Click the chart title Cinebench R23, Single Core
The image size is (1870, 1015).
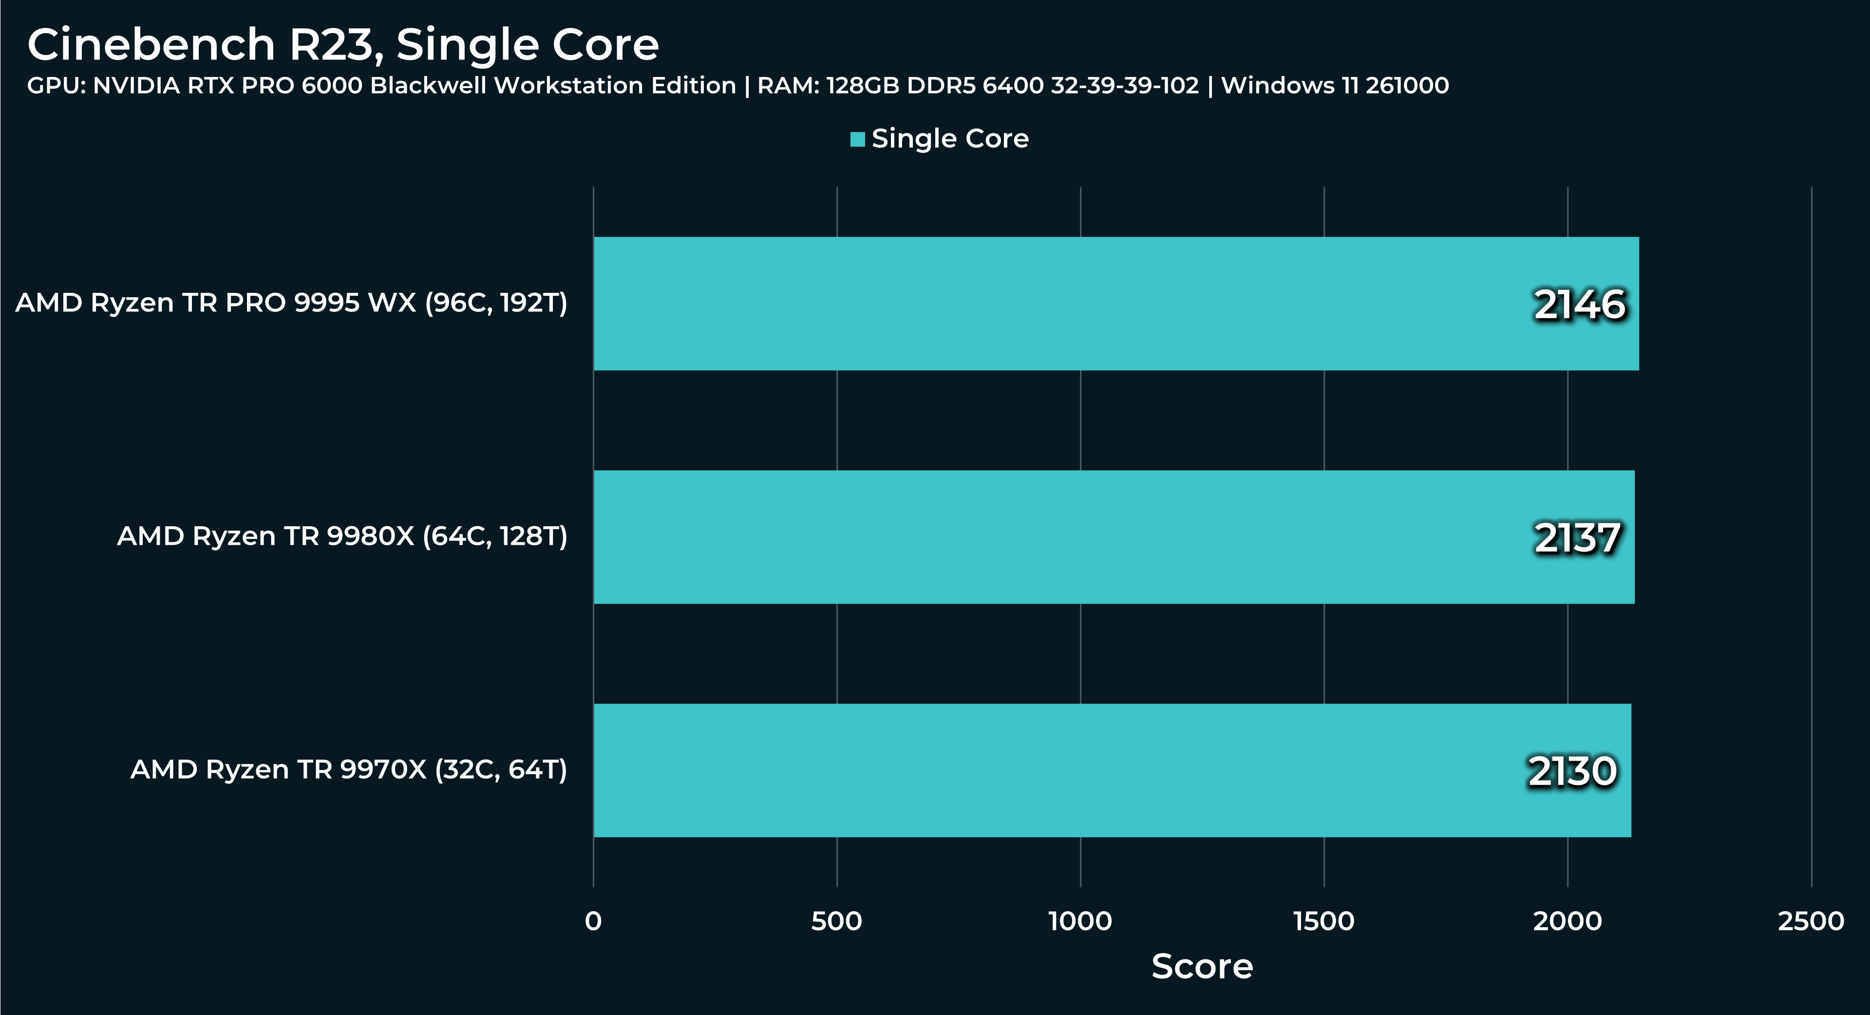tap(342, 45)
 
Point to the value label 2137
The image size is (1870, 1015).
tap(1577, 538)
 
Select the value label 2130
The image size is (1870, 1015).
tap(1572, 771)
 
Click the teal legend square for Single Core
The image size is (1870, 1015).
tap(857, 139)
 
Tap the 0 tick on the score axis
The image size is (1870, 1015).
tap(593, 921)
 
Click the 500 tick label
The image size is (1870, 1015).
tap(836, 921)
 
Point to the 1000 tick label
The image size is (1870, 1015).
tap(1080, 921)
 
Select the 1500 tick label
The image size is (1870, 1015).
tap(1323, 921)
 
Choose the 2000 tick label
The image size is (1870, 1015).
tap(1568, 921)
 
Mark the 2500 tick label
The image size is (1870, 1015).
tap(1811, 921)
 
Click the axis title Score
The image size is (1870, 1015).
tap(1202, 966)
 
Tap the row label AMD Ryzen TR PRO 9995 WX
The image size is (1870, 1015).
tap(291, 303)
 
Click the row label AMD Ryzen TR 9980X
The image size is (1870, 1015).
tap(342, 536)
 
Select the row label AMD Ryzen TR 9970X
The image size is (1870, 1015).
tap(348, 769)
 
